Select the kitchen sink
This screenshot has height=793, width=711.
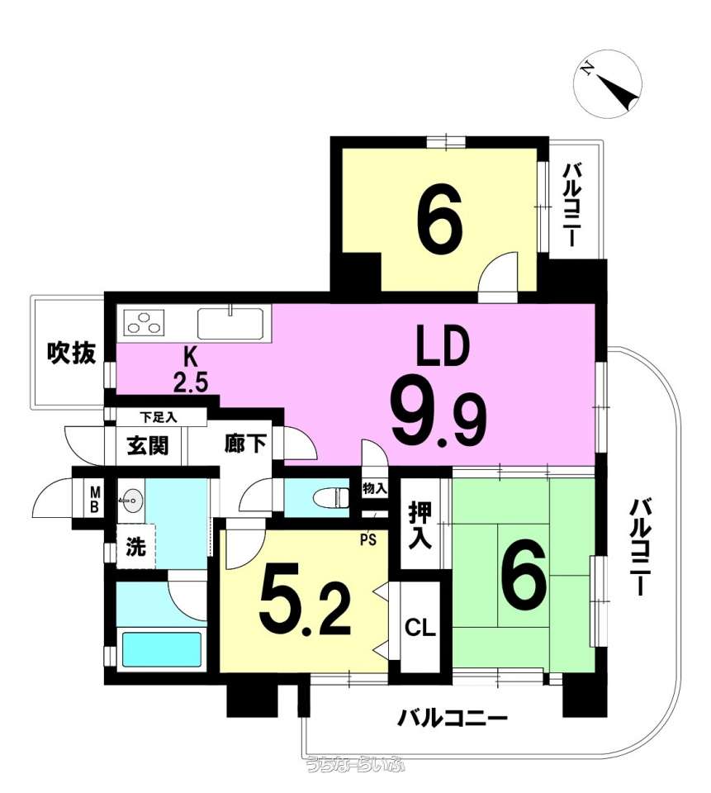(230, 323)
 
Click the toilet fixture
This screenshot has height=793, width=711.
(332, 497)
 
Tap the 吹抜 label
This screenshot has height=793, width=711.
(71, 353)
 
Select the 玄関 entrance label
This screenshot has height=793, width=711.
(148, 445)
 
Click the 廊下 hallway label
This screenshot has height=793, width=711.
(245, 444)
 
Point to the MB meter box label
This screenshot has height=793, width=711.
(95, 499)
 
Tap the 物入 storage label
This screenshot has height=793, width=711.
(375, 488)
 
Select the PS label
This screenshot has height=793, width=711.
(368, 540)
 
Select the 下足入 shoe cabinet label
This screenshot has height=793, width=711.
(159, 418)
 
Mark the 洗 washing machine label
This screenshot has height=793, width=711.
(135, 547)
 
